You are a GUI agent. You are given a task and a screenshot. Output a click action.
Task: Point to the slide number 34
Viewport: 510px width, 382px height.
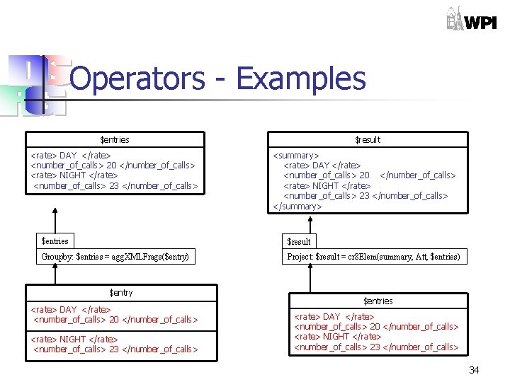[x=474, y=370]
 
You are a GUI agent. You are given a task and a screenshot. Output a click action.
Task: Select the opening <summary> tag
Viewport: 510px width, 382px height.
[x=296, y=156]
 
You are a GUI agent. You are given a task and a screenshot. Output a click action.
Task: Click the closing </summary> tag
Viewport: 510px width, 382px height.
[x=297, y=206]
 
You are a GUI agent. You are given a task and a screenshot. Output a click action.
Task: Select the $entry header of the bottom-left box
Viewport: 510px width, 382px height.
[x=120, y=292]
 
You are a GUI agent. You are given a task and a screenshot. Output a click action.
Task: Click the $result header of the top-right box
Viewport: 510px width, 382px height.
[x=367, y=139]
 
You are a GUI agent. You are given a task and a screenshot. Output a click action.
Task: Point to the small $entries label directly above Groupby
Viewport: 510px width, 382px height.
[x=55, y=241]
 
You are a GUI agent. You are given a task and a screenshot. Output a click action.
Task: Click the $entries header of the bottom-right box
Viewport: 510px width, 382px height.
[x=378, y=301]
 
